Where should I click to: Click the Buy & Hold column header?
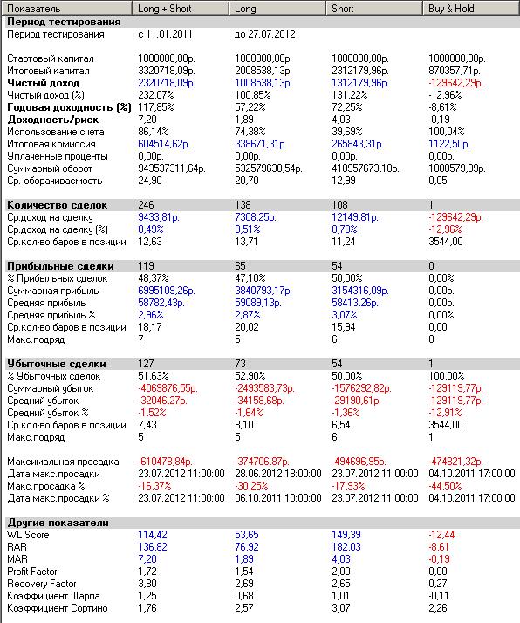click(451, 9)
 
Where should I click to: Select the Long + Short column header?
click(164, 9)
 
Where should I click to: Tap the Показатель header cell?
click(34, 9)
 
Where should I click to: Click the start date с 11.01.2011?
click(165, 34)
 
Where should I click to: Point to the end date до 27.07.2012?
click(265, 34)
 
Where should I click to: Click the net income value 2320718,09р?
click(167, 83)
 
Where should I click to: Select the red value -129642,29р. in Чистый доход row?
click(455, 83)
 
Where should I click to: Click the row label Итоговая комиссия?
click(51, 144)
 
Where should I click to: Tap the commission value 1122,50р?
click(448, 144)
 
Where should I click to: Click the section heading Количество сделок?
click(58, 205)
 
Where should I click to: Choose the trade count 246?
click(146, 205)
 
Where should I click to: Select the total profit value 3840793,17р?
click(263, 291)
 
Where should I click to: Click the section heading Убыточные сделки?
click(57, 364)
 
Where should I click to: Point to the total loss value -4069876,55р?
click(168, 388)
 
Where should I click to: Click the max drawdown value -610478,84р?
click(165, 462)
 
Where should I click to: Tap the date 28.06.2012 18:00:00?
click(278, 474)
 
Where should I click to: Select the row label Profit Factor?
click(32, 572)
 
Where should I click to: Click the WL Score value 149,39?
click(346, 535)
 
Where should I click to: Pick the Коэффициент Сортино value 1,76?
click(147, 608)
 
